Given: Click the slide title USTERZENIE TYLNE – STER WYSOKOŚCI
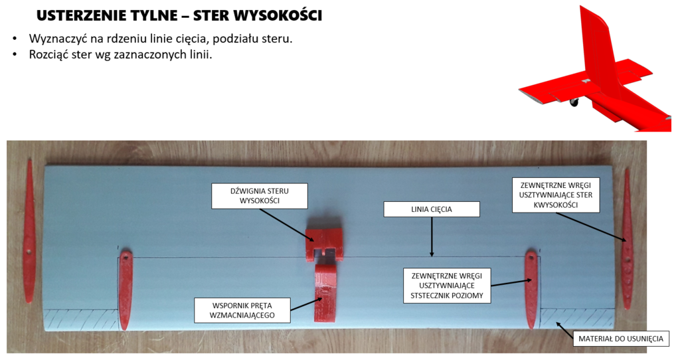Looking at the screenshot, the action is [x=179, y=16].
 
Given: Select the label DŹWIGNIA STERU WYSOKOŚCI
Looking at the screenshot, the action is [x=260, y=196].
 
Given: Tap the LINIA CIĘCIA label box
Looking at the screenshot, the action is [x=432, y=209].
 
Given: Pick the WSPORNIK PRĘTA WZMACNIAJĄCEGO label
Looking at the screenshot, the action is [x=242, y=310].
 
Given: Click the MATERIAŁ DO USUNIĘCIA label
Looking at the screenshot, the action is [x=621, y=339].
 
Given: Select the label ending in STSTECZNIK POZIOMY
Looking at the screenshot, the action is [x=447, y=286].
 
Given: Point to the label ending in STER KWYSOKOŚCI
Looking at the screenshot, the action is [x=556, y=195].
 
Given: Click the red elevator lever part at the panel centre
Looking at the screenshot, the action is [x=324, y=244].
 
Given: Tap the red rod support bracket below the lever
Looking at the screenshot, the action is [x=325, y=293].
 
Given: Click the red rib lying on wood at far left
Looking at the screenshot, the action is [x=29, y=230].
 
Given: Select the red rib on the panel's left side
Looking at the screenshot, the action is [x=125, y=290].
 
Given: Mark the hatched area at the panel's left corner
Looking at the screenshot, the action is [x=81, y=318].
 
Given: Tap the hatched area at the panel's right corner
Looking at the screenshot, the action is [x=577, y=318].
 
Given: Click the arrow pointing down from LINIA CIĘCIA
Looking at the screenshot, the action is [x=432, y=237].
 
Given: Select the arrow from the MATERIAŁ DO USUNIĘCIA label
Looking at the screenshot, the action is [x=564, y=329].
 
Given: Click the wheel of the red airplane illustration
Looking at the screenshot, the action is [x=574, y=102].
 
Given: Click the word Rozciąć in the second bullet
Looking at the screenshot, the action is [x=48, y=55].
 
